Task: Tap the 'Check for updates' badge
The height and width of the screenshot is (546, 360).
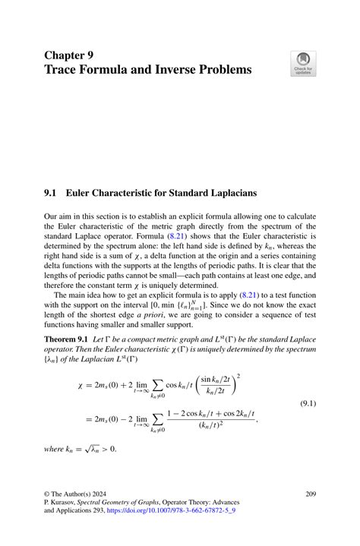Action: pos(304,64)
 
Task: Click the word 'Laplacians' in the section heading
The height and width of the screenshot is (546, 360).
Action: pos(228,193)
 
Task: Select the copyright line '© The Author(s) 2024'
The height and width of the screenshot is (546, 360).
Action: pos(79,494)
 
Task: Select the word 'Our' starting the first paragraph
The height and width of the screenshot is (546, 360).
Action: pos(51,216)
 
